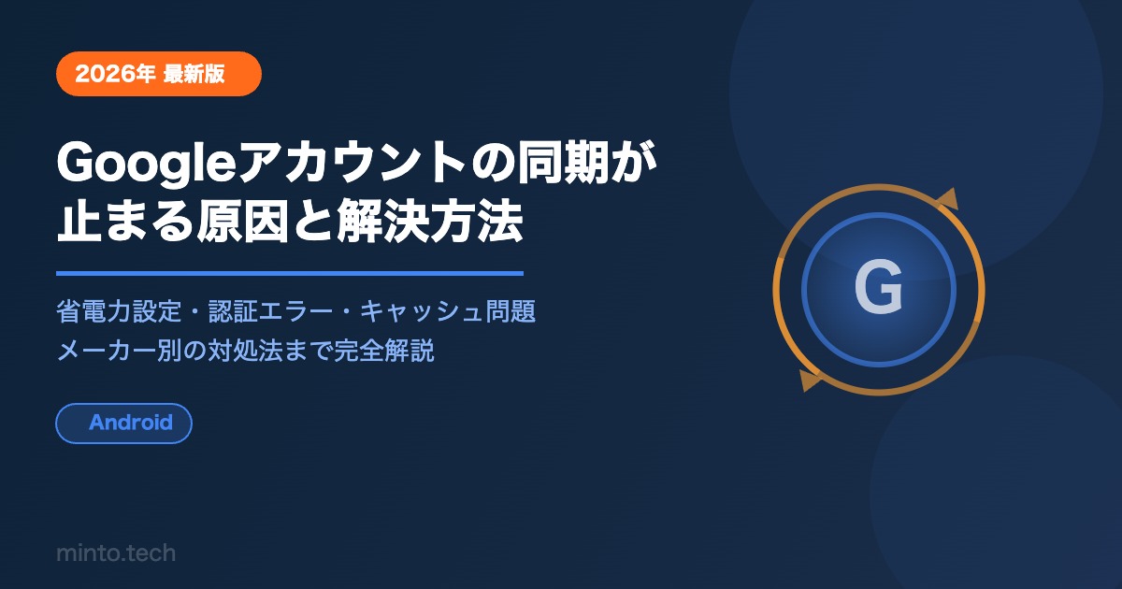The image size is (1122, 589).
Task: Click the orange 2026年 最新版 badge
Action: (159, 74)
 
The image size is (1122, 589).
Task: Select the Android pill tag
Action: (123, 424)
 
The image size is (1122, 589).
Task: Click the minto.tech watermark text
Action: (116, 553)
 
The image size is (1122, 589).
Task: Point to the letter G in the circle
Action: (879, 288)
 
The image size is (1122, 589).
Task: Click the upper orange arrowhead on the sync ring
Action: (946, 200)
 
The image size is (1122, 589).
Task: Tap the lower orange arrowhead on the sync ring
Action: (810, 381)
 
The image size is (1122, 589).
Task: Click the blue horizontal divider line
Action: (290, 273)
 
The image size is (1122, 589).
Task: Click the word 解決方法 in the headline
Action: (430, 221)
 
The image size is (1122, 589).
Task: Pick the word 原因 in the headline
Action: (242, 221)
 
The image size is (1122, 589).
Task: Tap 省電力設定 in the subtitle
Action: (119, 311)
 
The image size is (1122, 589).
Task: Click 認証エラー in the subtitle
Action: (270, 311)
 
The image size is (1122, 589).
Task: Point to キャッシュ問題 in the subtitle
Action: (448, 311)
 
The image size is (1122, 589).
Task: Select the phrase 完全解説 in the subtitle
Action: (384, 350)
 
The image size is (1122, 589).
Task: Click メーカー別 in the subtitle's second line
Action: (119, 350)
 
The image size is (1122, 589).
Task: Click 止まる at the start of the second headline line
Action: (125, 221)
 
